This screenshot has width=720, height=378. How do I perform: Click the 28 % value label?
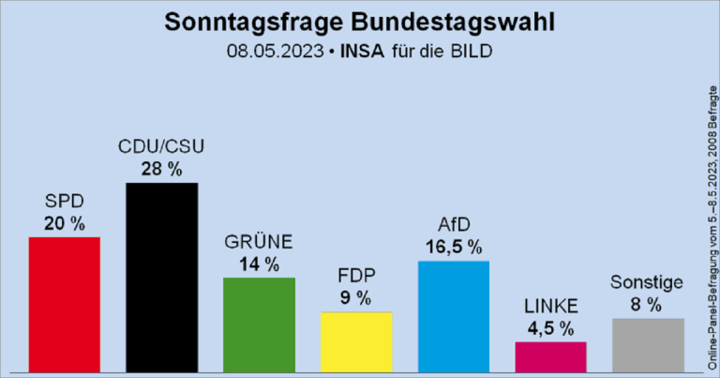[161, 169]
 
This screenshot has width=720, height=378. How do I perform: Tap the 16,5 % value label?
[454, 248]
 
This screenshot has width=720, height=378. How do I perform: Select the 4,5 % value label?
[551, 328]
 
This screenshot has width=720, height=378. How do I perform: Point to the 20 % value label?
[65, 223]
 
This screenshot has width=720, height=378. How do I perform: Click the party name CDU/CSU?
[161, 147]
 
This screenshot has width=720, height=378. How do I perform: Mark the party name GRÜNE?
[259, 242]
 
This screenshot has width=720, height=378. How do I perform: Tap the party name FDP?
[356, 278]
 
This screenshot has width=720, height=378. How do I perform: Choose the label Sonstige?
[647, 282]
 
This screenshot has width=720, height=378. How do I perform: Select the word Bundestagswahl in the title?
[447, 21]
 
